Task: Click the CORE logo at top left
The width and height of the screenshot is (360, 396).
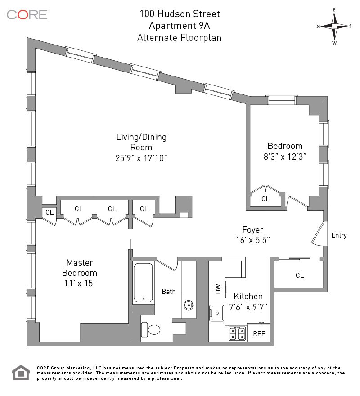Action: click(27, 14)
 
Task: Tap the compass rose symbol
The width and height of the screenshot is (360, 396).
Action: click(334, 26)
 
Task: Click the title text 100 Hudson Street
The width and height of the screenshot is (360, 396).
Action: click(179, 14)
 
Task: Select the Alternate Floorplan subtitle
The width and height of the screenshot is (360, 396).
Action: click(179, 37)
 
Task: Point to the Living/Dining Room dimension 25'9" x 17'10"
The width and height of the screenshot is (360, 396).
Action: click(142, 158)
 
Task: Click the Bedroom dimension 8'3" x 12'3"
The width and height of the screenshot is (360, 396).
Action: click(285, 157)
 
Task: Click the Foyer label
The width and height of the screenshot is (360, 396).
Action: click(252, 230)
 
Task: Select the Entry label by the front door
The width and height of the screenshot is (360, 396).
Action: click(339, 235)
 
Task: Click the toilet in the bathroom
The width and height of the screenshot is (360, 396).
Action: click(153, 330)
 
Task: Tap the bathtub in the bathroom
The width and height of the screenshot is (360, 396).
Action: click(144, 283)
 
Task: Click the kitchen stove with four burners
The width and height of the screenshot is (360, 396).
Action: click(237, 333)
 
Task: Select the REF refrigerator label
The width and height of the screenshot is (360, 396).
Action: click(259, 334)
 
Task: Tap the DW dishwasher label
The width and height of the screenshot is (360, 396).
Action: click(219, 289)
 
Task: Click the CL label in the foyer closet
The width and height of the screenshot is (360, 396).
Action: click(300, 275)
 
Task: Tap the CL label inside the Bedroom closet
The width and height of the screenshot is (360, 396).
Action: click(265, 198)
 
